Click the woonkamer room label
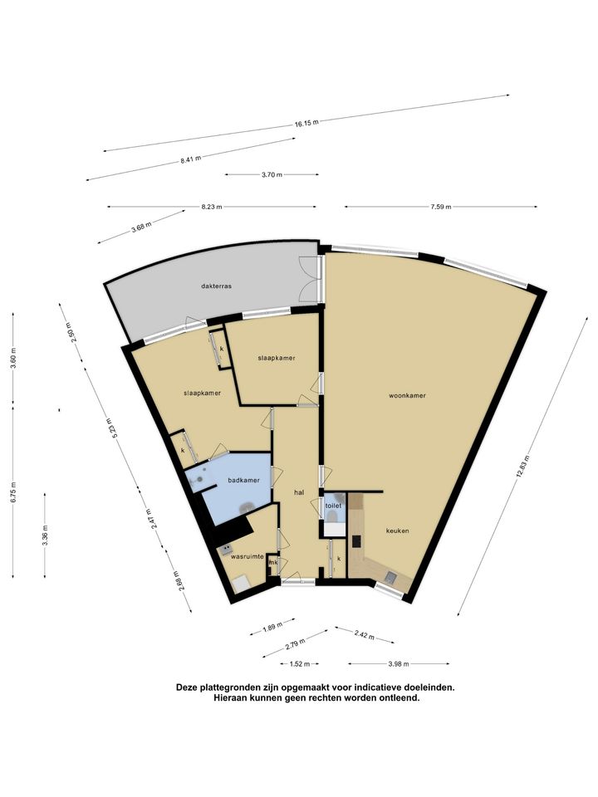coord(407,395)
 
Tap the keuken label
coord(398,531)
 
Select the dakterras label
coord(216,286)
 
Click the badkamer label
coord(243,481)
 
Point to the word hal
coord(299,492)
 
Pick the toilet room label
coord(333,506)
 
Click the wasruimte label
coord(248,556)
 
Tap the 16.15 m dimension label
coord(306,123)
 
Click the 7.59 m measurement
coord(441,207)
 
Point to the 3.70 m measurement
coord(272,175)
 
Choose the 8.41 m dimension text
coord(191,159)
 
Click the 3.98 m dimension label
coord(399,664)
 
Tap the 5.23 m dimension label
coord(113,428)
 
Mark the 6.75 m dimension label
coord(13,492)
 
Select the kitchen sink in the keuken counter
coord(391,577)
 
